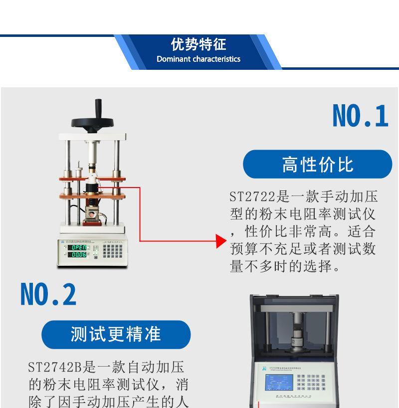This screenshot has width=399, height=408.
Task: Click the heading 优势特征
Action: [x=199, y=45]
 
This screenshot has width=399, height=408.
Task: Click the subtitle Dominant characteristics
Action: [x=199, y=59]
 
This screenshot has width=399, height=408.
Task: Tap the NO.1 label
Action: [x=360, y=117]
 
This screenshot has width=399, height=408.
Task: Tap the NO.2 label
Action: [x=48, y=294]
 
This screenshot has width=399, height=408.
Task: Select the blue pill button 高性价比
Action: [x=317, y=164]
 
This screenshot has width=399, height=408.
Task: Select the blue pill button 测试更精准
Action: [x=116, y=334]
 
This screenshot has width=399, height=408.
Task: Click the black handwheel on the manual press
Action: [x=96, y=122]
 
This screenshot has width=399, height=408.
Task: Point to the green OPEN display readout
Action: [x=78, y=247]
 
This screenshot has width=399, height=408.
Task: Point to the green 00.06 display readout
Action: [x=78, y=254]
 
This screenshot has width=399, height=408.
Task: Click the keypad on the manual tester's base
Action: [x=113, y=251]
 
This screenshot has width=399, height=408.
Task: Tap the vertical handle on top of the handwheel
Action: [x=98, y=108]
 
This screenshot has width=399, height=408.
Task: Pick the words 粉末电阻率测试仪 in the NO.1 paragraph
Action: [x=309, y=214]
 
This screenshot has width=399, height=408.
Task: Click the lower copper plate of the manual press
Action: [x=92, y=195]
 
